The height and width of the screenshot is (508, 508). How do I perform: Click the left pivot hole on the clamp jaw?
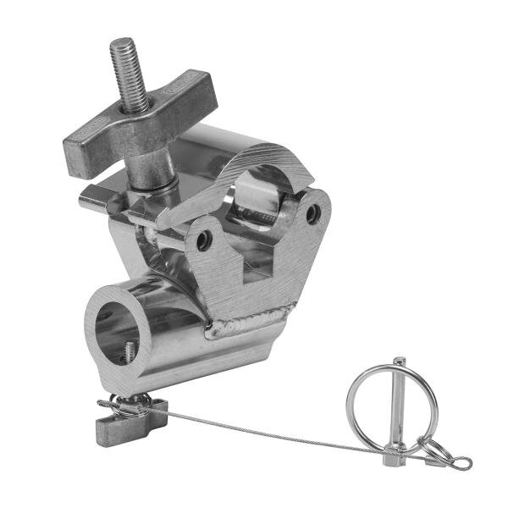pos(202,240)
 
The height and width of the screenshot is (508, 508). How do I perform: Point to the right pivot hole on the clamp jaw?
pos(313,214)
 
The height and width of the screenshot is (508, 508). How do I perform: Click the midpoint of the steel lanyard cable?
pos(279,433)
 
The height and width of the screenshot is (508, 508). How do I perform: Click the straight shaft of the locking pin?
pos(395,432)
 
